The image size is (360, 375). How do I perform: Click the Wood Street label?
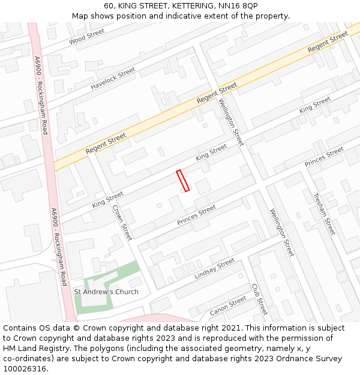click(86, 37)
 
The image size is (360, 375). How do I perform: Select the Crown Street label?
click(122, 223)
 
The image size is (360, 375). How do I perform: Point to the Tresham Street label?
click(324, 214)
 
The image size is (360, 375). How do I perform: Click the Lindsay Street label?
click(214, 269)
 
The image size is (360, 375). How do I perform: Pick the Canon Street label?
click(228, 305)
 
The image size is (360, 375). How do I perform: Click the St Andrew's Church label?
click(106, 292)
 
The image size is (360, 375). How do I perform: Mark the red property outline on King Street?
click(183, 181)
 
